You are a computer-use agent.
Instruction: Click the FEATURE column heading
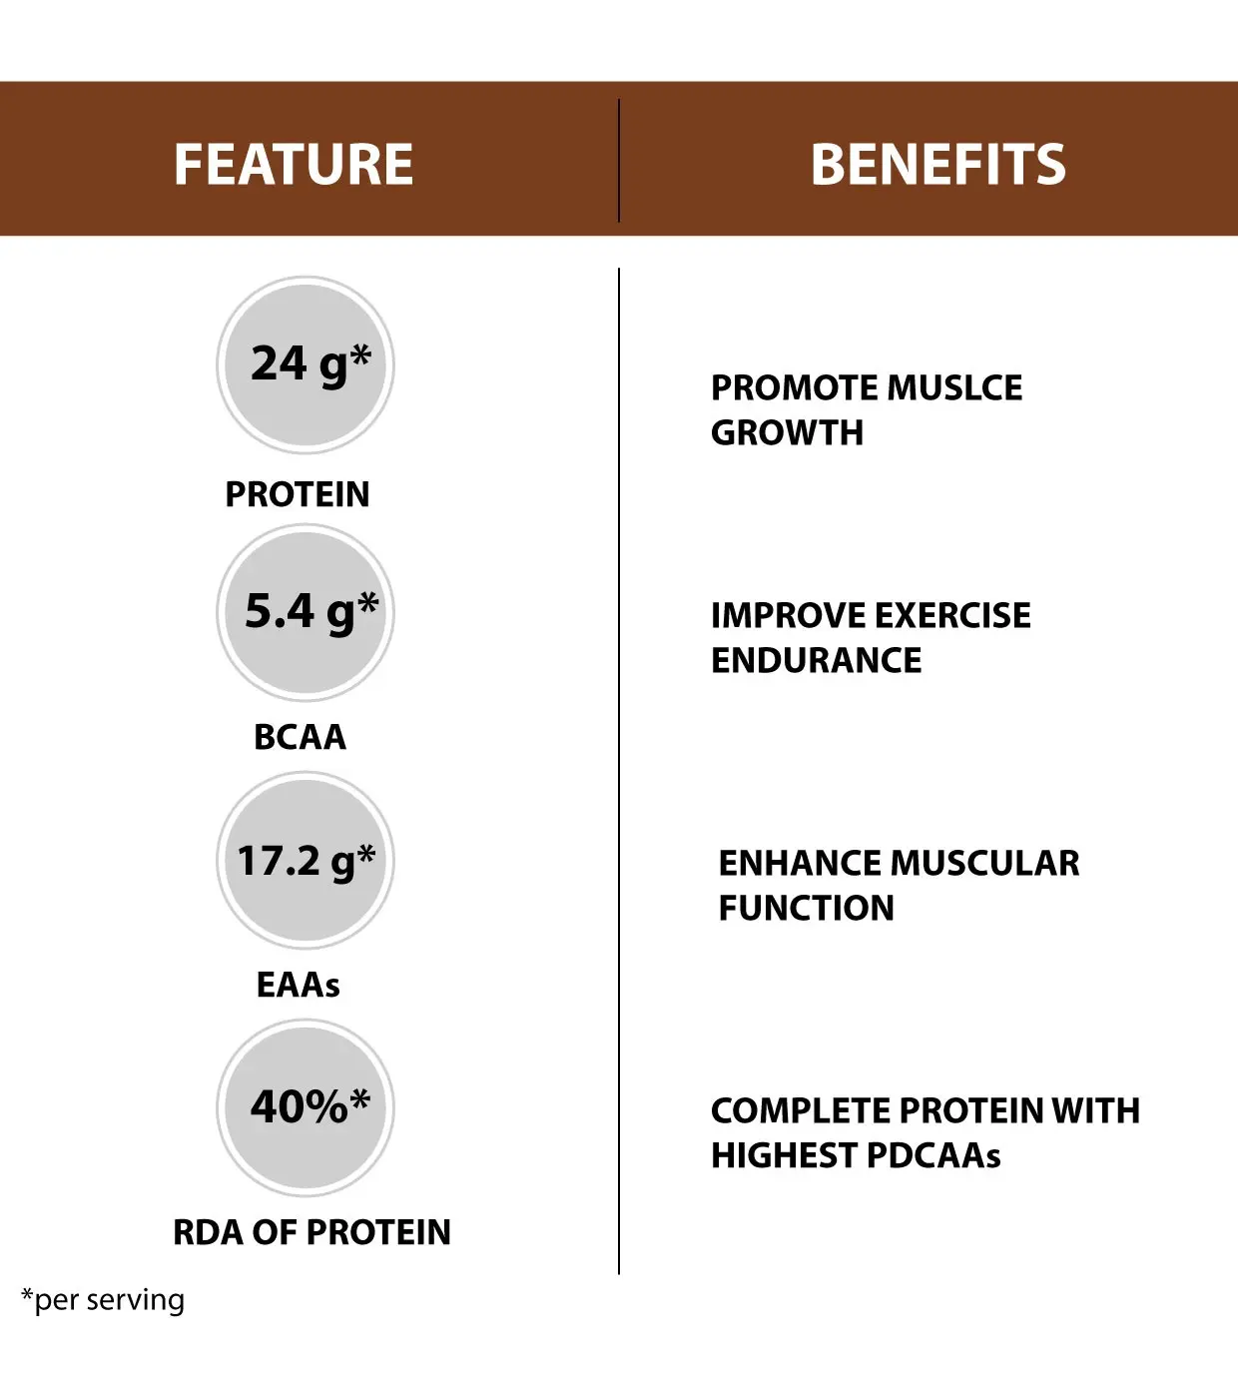click(294, 165)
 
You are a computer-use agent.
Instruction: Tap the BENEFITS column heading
click(937, 165)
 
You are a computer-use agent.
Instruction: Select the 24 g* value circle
click(306, 365)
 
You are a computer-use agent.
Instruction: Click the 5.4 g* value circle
click(306, 613)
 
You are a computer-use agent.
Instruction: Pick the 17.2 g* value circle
click(306, 861)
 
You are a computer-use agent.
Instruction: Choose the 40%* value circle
click(306, 1108)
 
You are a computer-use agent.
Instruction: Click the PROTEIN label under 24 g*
click(298, 494)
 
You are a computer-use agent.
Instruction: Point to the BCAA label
click(300, 737)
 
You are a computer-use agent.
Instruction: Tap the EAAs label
click(298, 985)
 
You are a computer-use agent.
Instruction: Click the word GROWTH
click(787, 432)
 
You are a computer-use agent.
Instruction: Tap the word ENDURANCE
click(816, 660)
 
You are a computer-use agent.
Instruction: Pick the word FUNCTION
click(806, 908)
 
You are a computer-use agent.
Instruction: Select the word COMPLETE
click(800, 1110)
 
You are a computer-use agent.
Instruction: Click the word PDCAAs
click(932, 1155)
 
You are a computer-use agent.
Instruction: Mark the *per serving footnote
click(103, 1300)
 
